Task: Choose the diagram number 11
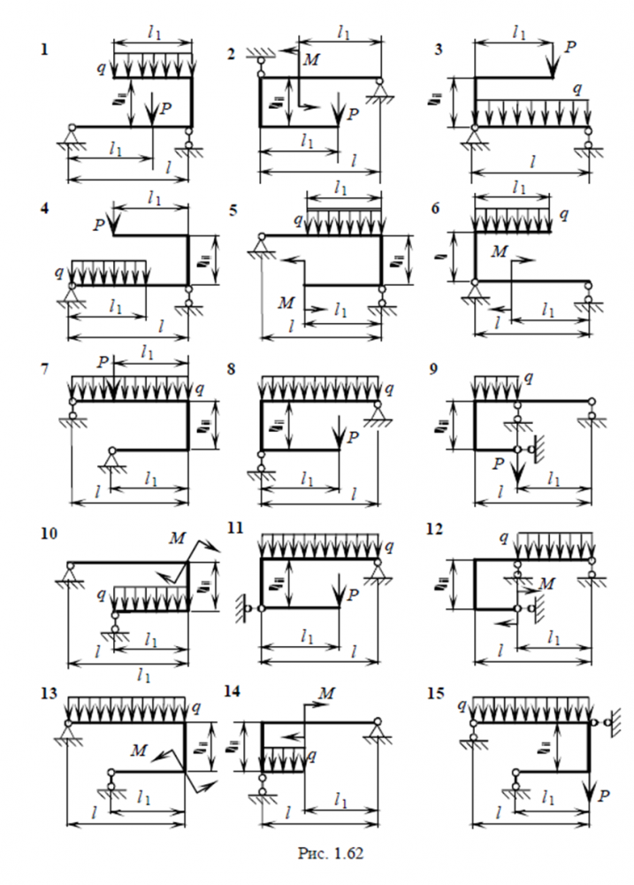coord(233,528)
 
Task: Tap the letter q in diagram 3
coord(578,88)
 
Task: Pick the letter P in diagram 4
coord(102,227)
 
